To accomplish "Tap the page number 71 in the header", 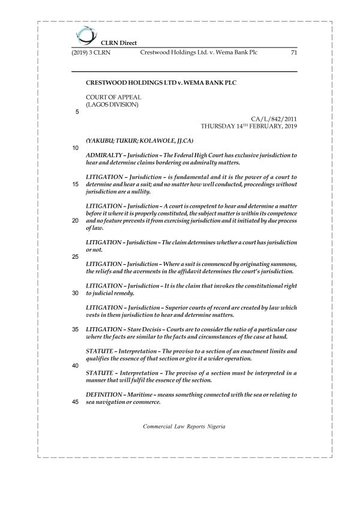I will tap(293, 53).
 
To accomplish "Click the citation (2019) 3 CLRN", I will tap(91, 53).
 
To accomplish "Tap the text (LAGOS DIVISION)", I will tap(112, 104).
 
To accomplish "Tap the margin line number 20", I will tap(75, 221).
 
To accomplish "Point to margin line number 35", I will tap(75, 330).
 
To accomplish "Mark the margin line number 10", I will tap(75, 148).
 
